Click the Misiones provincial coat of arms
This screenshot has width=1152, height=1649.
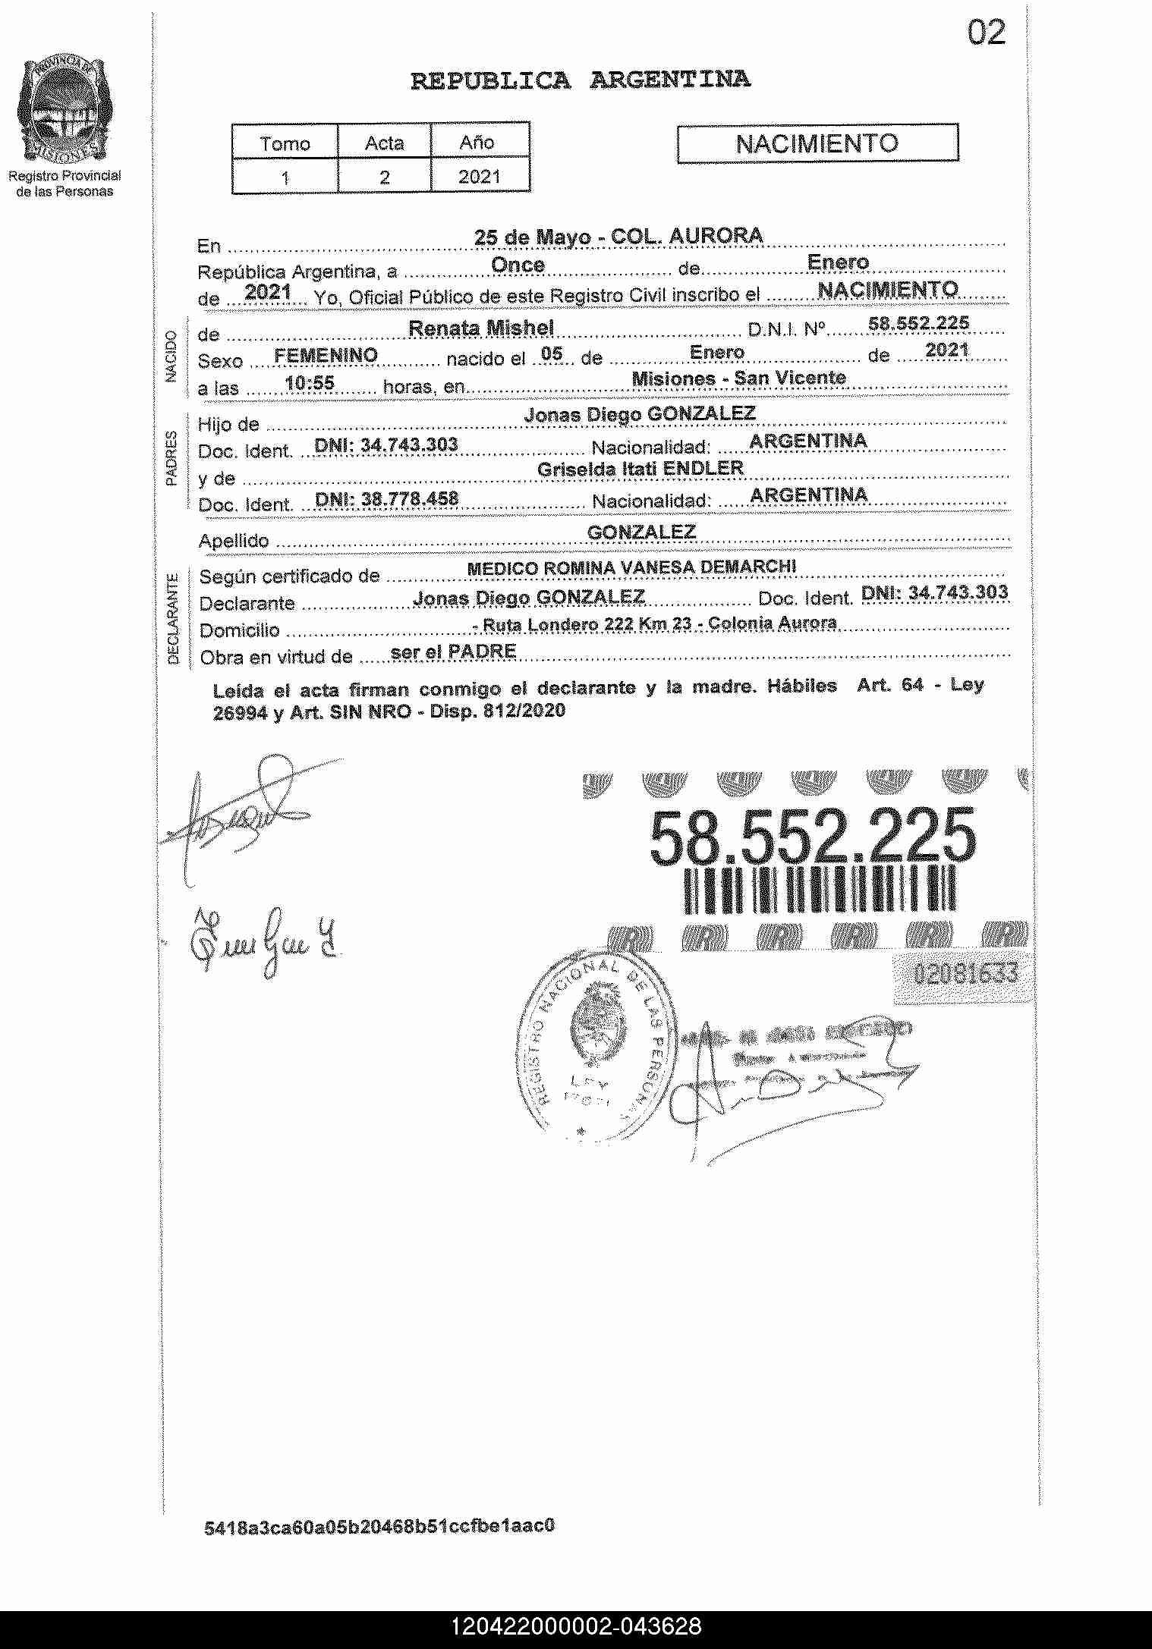[x=64, y=111]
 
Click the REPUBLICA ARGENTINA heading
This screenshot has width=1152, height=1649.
[x=581, y=80]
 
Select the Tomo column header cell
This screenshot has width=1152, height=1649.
[x=285, y=143]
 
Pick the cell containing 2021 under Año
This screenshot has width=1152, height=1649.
[x=480, y=177]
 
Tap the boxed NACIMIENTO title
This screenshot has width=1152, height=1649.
[x=817, y=143]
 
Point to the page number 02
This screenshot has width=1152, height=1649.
[x=986, y=33]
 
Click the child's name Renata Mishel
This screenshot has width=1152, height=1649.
[x=481, y=328]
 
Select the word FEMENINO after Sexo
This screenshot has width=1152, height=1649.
[x=326, y=355]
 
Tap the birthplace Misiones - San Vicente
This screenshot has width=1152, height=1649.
[x=738, y=378]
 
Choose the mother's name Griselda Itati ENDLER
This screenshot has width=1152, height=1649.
[x=640, y=469]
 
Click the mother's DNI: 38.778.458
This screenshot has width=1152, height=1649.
[x=386, y=498]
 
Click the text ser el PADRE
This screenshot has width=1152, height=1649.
[x=452, y=652]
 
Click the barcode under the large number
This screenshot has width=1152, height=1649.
[x=820, y=888]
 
